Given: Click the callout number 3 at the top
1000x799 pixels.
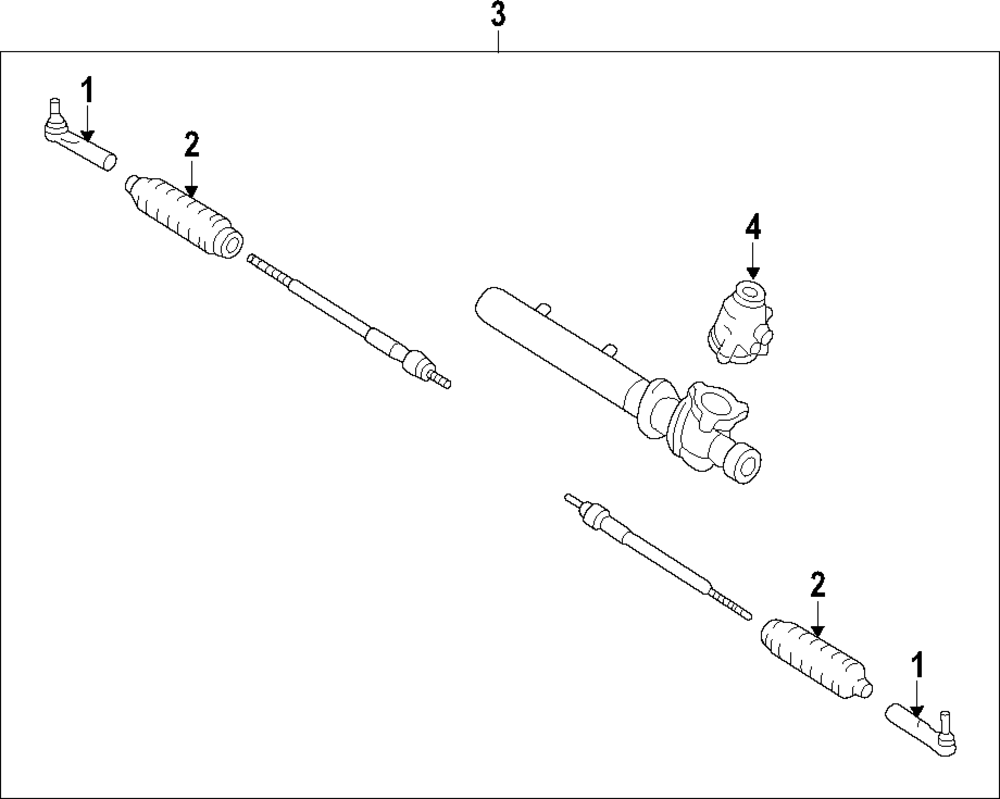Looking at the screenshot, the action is [498, 15].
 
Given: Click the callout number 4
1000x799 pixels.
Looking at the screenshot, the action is [752, 229].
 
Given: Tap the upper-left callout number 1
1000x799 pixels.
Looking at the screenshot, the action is [87, 91].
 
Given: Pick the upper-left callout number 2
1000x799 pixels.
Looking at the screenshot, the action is [191, 145].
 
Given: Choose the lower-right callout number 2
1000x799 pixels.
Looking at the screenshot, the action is [817, 585].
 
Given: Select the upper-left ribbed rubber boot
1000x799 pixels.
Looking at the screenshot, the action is [185, 215].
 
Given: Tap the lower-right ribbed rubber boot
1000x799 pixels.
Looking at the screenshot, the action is [815, 657].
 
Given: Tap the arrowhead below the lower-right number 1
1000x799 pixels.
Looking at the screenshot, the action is [917, 709].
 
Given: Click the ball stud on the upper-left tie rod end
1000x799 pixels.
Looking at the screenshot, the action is [55, 108].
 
